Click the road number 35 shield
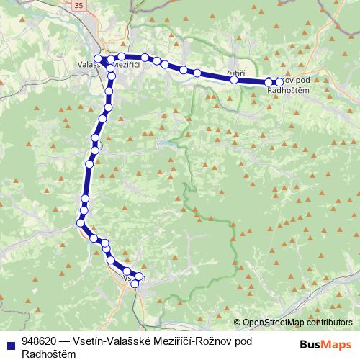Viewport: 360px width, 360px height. tap(78, 5)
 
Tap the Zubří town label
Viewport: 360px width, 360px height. tap(235, 73)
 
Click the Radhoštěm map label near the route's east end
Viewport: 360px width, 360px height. tap(288, 89)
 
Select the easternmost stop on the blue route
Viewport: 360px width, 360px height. tap(279, 82)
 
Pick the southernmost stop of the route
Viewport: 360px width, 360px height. tap(135, 284)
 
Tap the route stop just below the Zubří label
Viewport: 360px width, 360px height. tap(235, 80)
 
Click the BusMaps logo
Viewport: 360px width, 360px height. tap(326, 344)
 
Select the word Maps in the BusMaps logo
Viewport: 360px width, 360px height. tap(338, 344)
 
